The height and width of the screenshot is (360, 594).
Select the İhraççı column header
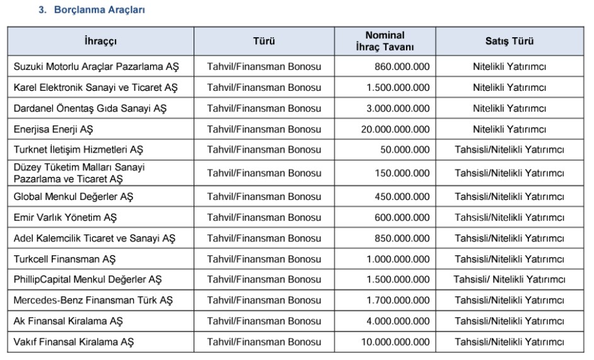tap(100, 42)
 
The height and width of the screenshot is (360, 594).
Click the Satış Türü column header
tap(509, 42)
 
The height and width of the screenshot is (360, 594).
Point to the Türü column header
tap(264, 42)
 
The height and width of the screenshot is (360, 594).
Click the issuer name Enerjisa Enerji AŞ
tap(53, 129)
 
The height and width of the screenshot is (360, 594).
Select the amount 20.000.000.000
tap(393, 129)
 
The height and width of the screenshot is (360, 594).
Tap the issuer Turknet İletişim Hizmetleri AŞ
tap(78, 150)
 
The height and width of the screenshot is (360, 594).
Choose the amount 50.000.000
tap(405, 150)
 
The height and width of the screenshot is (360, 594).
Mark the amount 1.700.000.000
tap(398, 299)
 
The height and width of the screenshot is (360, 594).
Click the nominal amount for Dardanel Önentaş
tap(398, 108)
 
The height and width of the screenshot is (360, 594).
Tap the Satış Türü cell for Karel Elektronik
tap(509, 87)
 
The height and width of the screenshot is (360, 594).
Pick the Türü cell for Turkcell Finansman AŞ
tap(264, 259)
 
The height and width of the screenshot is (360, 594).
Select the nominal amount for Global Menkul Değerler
tap(402, 197)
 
